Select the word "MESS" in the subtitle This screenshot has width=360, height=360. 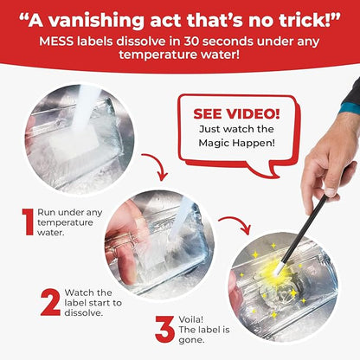(56, 42)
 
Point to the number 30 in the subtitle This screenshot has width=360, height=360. (192, 42)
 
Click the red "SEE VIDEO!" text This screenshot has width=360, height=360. (236, 114)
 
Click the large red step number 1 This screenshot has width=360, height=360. (29, 222)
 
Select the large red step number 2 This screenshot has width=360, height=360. (50, 302)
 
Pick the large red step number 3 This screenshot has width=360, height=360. (165, 329)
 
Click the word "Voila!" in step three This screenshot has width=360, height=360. (191, 319)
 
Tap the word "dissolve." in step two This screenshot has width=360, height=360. (84, 312)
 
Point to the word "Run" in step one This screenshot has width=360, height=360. (46, 213)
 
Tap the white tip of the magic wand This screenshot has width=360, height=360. (279, 268)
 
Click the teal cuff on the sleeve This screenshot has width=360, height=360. (350, 107)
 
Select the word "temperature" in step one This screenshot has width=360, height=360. (65, 222)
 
